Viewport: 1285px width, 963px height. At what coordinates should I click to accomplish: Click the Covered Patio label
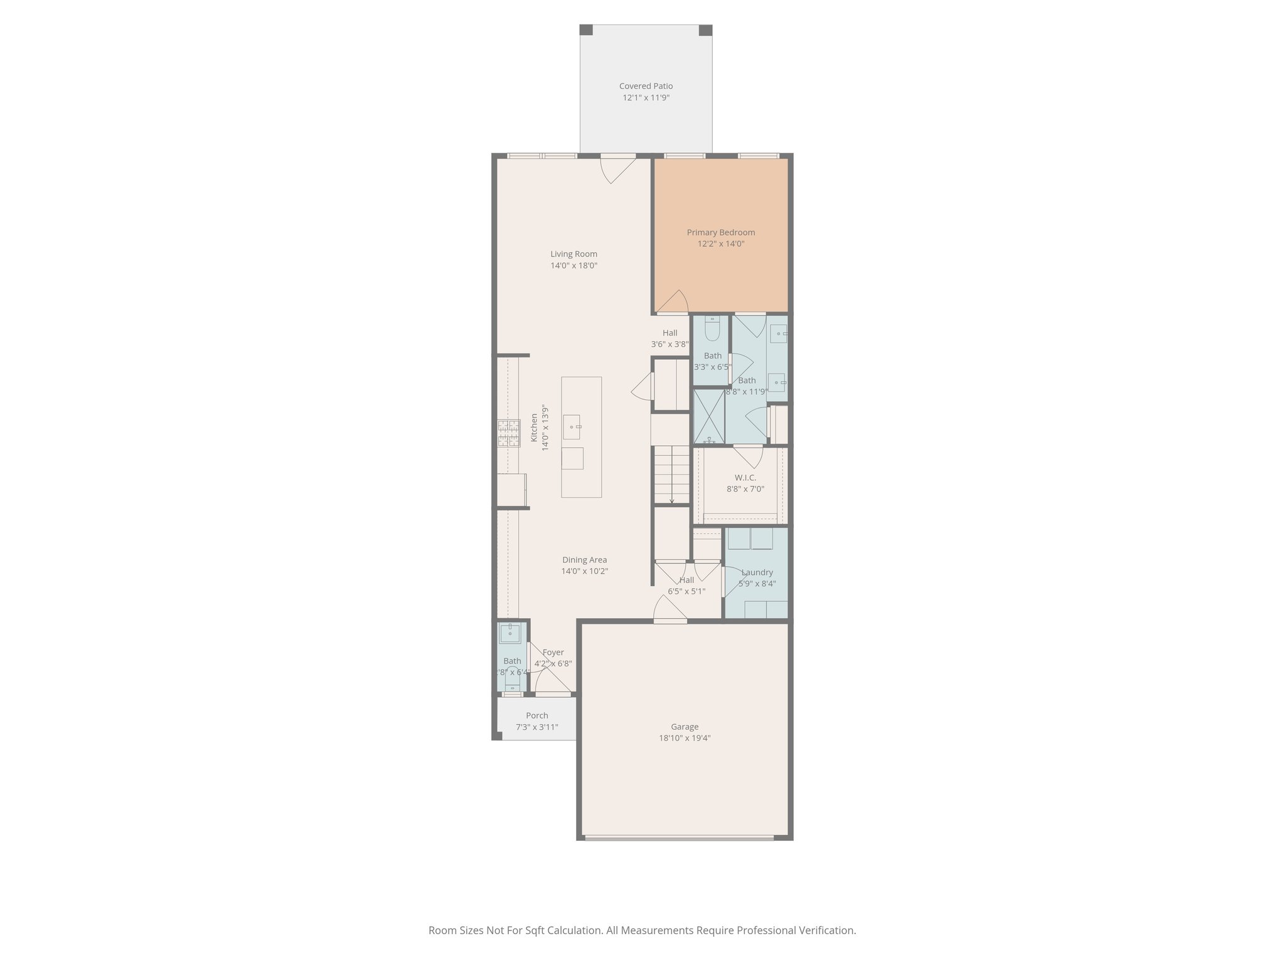pos(646,86)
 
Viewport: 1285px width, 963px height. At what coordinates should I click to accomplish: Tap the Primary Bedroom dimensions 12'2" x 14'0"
pos(721,244)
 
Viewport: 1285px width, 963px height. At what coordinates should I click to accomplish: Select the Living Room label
pos(573,254)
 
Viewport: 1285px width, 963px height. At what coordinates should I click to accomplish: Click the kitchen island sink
pos(572,427)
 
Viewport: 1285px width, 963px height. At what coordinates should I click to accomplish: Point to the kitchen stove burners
pos(509,433)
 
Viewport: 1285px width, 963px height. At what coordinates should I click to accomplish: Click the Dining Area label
pos(584,560)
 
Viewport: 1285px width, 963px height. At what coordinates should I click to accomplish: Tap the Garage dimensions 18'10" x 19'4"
pos(685,738)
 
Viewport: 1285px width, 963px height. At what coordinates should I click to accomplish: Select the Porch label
pos(536,715)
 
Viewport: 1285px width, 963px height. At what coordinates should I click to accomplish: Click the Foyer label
pos(553,652)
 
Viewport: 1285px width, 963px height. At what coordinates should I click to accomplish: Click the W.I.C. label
pos(745,478)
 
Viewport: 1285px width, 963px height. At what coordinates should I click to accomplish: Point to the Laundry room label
pos(757,572)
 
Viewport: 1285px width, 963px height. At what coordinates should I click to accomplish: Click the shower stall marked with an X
pos(709,416)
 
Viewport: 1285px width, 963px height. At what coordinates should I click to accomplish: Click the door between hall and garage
pos(669,610)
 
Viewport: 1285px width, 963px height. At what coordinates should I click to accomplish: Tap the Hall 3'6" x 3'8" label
pos(669,333)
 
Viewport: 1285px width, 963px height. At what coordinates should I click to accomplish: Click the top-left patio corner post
pos(586,30)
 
